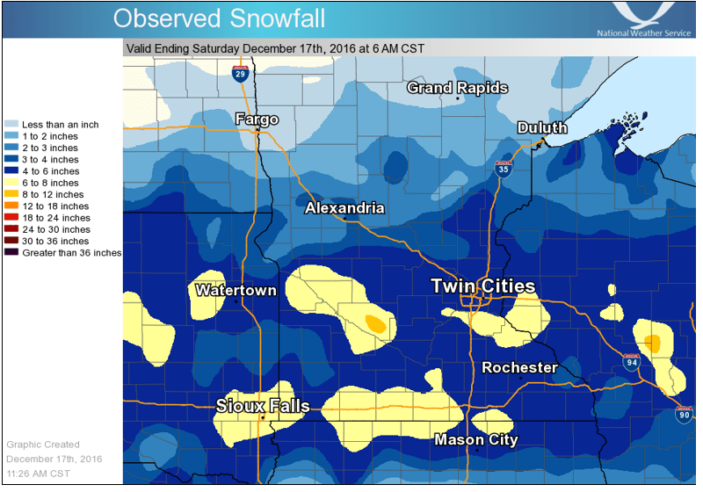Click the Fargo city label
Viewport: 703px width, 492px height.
[x=257, y=119]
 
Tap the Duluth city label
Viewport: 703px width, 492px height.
[x=541, y=128]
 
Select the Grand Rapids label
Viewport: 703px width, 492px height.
[x=457, y=88]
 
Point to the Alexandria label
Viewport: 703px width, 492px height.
[x=344, y=208]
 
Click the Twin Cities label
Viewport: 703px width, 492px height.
[x=482, y=287]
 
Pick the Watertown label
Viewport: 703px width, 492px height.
[x=236, y=290]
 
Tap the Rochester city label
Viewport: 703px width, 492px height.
[x=520, y=367]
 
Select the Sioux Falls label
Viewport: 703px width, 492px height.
[x=263, y=406]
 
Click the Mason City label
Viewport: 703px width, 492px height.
[x=476, y=439]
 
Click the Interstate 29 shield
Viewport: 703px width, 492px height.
[x=239, y=73]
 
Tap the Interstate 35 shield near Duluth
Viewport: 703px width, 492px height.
[x=503, y=170]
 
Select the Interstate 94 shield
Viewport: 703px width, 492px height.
[x=632, y=360]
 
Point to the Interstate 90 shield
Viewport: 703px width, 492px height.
[x=684, y=414]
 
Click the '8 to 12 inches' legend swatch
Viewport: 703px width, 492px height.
[x=11, y=194]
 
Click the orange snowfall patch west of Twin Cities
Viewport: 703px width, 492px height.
[x=376, y=323]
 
